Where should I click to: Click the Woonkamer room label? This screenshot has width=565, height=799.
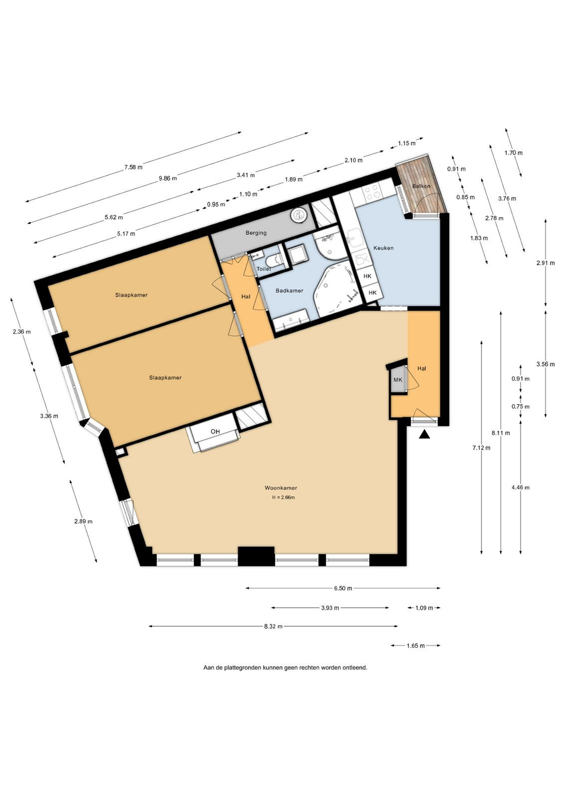pyautogui.click(x=281, y=487)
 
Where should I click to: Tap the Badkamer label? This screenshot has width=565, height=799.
pyautogui.click(x=289, y=291)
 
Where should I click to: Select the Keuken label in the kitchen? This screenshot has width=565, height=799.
pyautogui.click(x=383, y=248)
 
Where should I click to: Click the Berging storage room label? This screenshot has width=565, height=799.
pyautogui.click(x=256, y=233)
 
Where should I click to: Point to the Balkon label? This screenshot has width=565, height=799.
pyautogui.click(x=421, y=186)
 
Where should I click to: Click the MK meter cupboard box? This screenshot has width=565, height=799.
pyautogui.click(x=397, y=380)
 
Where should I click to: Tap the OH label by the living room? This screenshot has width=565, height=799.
pyautogui.click(x=215, y=431)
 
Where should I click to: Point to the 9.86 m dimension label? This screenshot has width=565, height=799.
pyautogui.click(x=168, y=178)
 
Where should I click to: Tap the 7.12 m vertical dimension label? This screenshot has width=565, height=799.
pyautogui.click(x=481, y=448)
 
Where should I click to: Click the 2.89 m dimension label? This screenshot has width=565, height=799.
pyautogui.click(x=83, y=521)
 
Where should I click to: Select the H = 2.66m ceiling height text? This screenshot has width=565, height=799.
pyautogui.click(x=283, y=497)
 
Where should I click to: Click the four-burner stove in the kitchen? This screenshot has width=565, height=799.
pyautogui.click(x=372, y=193)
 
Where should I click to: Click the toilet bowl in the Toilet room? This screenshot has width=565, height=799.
pyautogui.click(x=275, y=260)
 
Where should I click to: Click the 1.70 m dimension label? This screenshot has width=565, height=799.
pyautogui.click(x=513, y=153)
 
